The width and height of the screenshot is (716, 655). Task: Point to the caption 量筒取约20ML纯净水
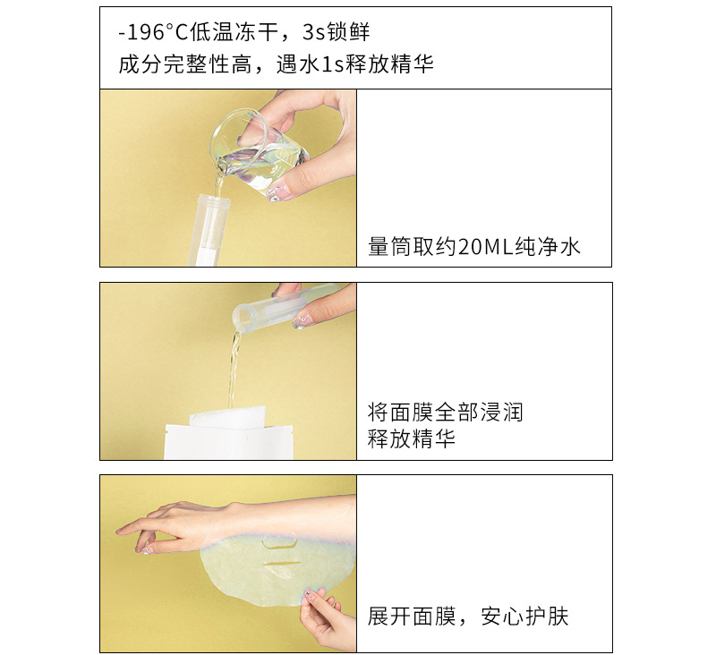pos(474,247)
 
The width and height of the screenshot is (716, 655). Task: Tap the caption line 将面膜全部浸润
pos(445,413)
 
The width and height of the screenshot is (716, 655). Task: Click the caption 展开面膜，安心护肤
pos(468,617)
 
